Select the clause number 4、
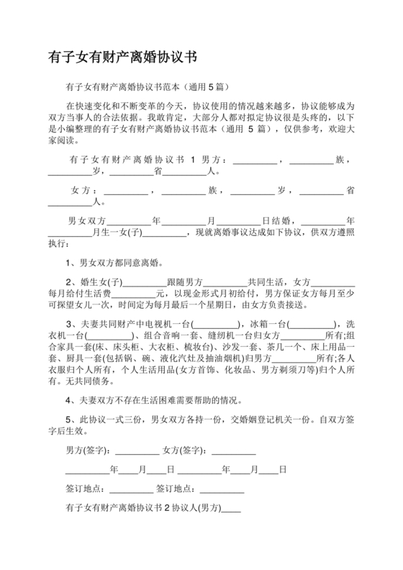(x=71, y=400)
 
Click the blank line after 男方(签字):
(x=137, y=452)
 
